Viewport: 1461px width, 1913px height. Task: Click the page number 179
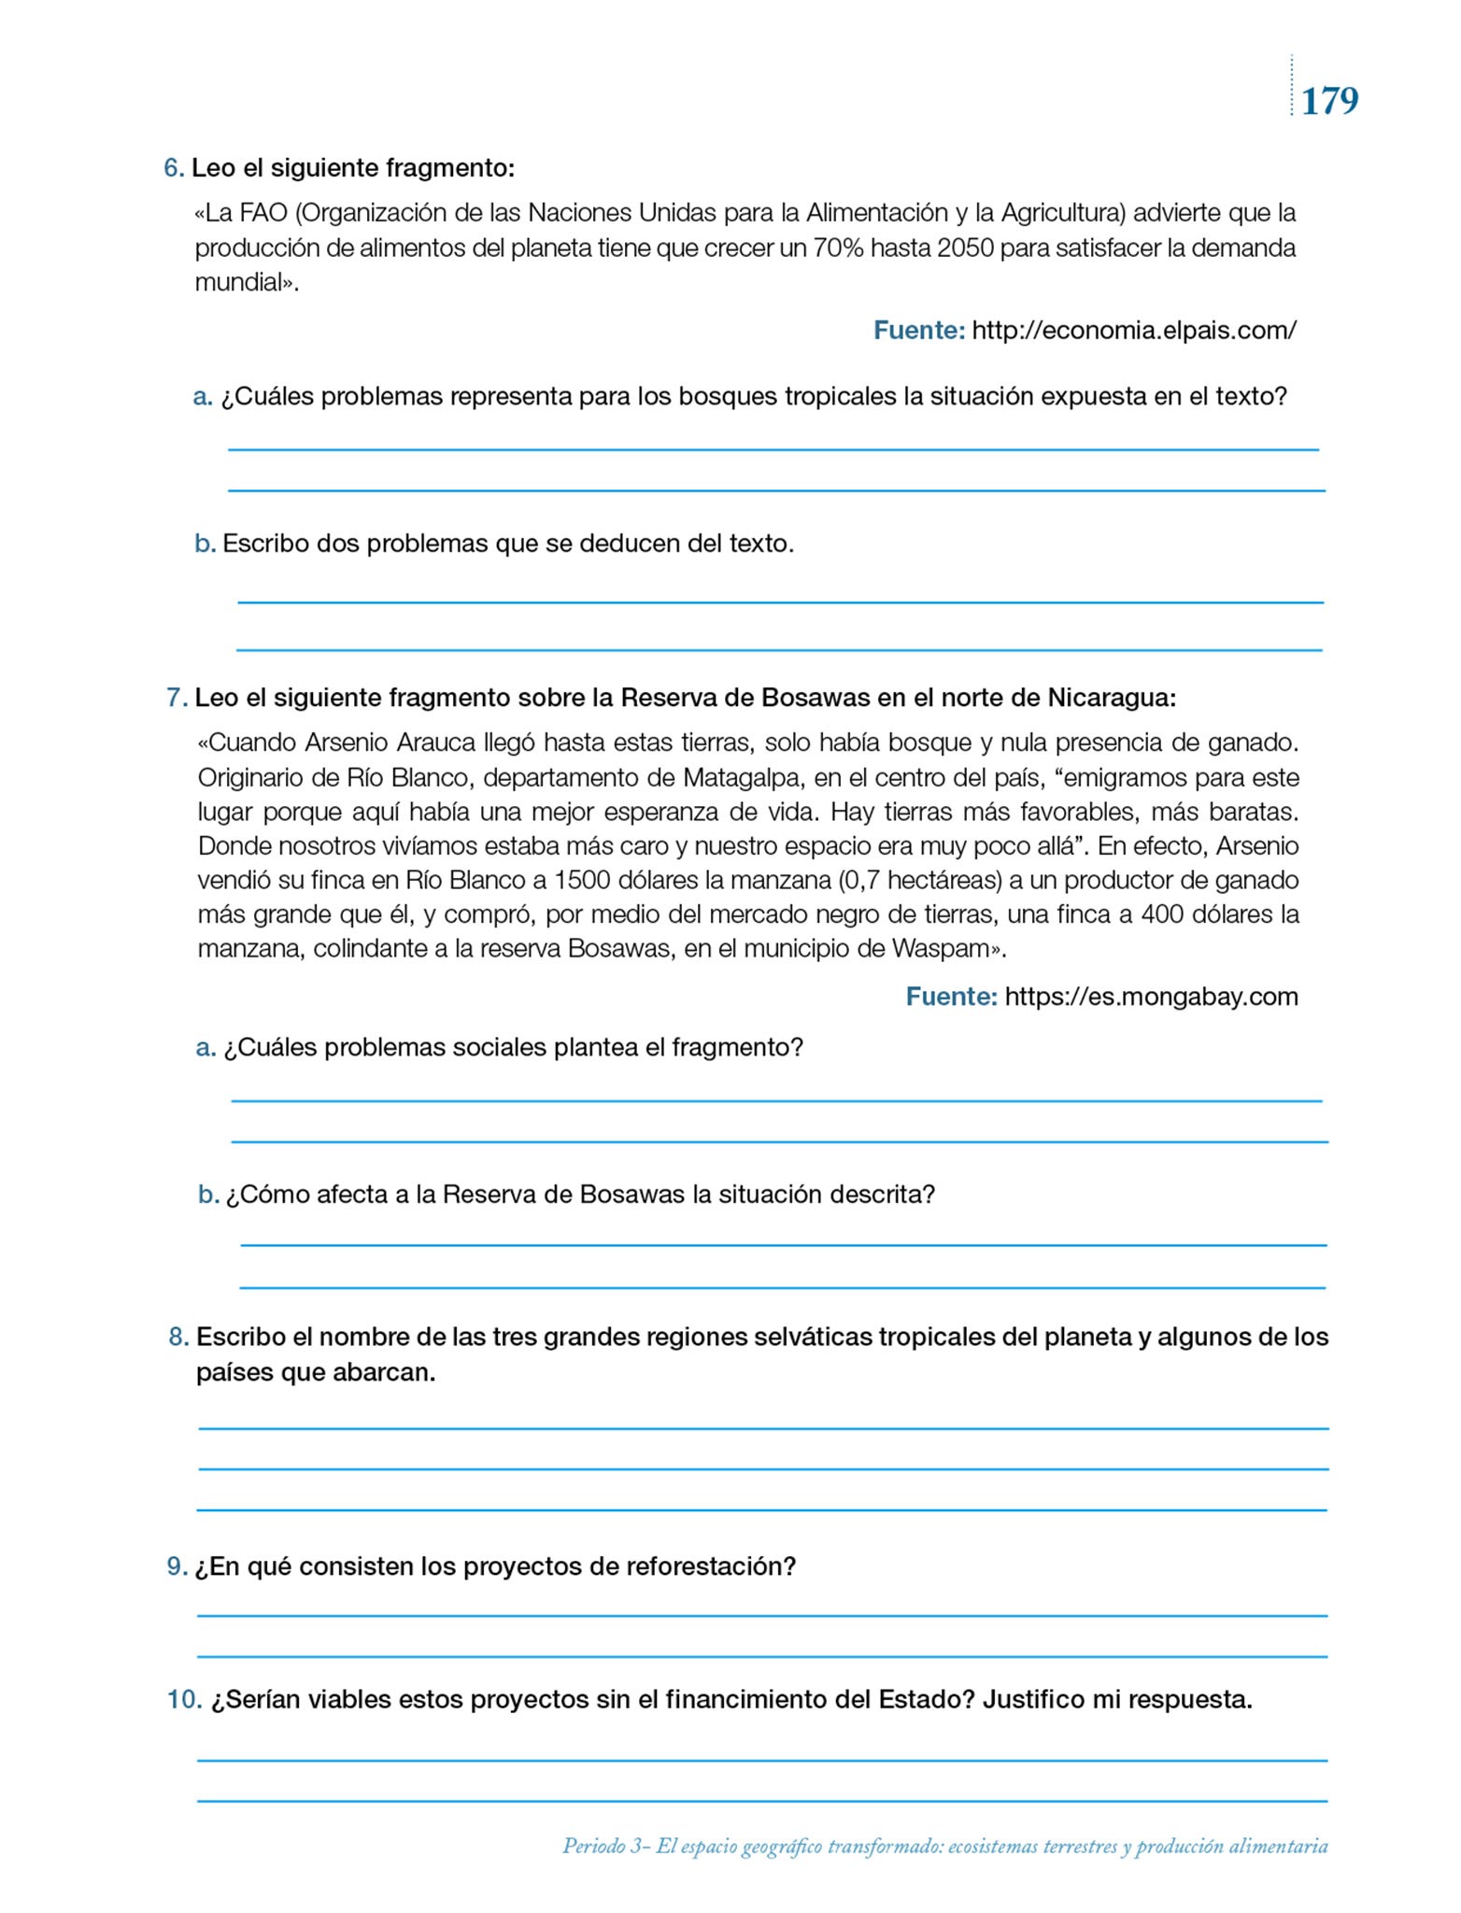tap(1329, 101)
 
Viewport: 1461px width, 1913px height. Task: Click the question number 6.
tap(172, 168)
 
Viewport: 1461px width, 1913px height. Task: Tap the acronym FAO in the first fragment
tap(263, 213)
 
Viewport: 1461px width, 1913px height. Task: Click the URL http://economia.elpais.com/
tap(1134, 331)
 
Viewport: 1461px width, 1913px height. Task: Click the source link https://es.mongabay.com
tap(1151, 997)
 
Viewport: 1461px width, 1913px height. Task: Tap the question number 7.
tap(175, 698)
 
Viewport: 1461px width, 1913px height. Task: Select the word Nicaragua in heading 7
tap(1111, 698)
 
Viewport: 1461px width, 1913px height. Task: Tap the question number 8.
tap(177, 1338)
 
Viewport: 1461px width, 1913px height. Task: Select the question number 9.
tap(176, 1566)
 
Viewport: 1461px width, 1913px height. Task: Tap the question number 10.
tap(183, 1699)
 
